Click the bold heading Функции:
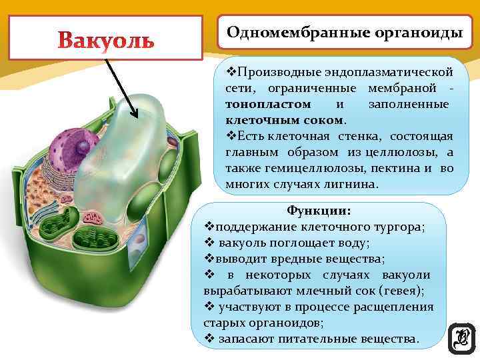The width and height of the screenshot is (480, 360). pos(319,211)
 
